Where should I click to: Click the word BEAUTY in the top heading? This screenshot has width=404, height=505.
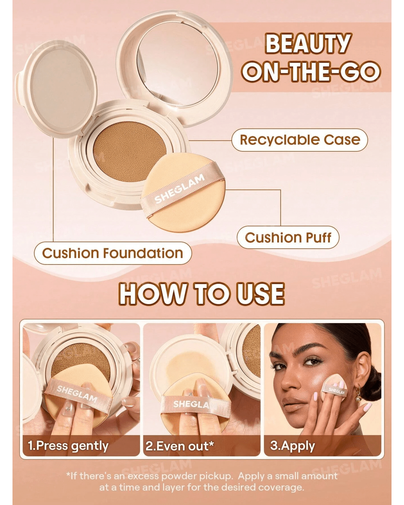click(x=308, y=44)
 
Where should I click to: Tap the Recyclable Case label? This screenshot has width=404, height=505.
click(x=300, y=140)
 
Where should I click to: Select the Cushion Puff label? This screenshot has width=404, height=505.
click(x=288, y=237)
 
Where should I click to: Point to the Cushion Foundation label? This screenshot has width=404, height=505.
click(x=113, y=253)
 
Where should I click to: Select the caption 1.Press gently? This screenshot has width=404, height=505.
click(x=68, y=446)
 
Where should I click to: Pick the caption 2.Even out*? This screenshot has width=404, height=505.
click(x=180, y=446)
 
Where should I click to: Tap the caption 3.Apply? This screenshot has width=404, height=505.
click(x=292, y=446)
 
